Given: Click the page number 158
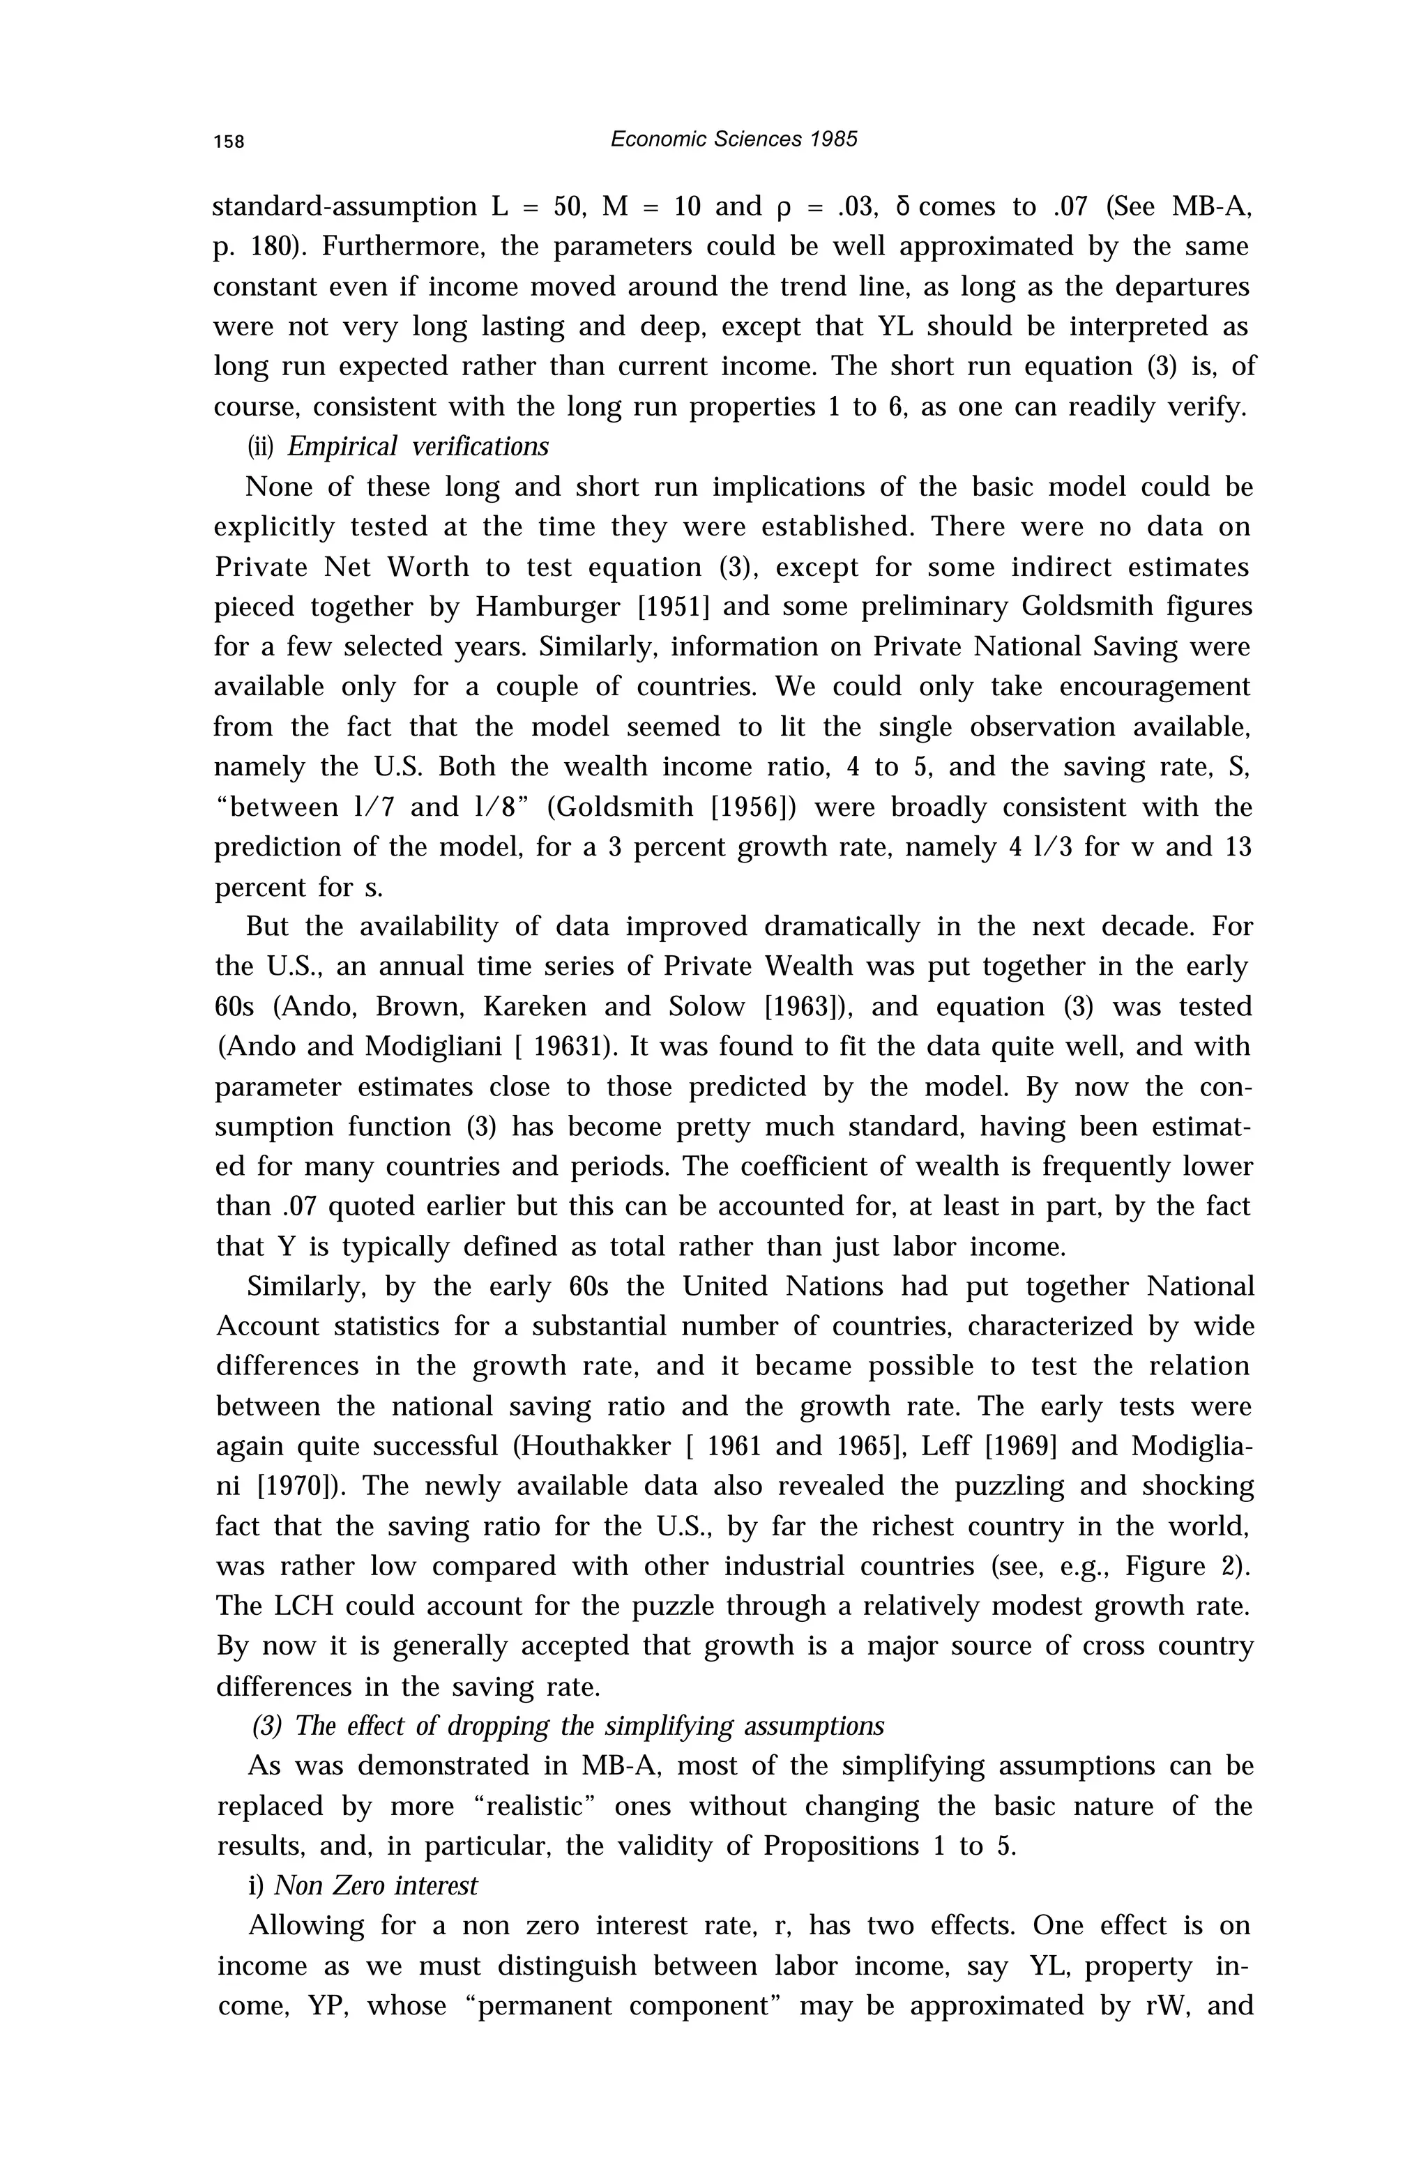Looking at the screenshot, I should [x=229, y=142].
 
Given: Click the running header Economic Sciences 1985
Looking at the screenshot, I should [x=734, y=139].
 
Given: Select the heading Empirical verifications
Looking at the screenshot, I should [x=418, y=446].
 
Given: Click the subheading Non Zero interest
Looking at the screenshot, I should [x=376, y=1885].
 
